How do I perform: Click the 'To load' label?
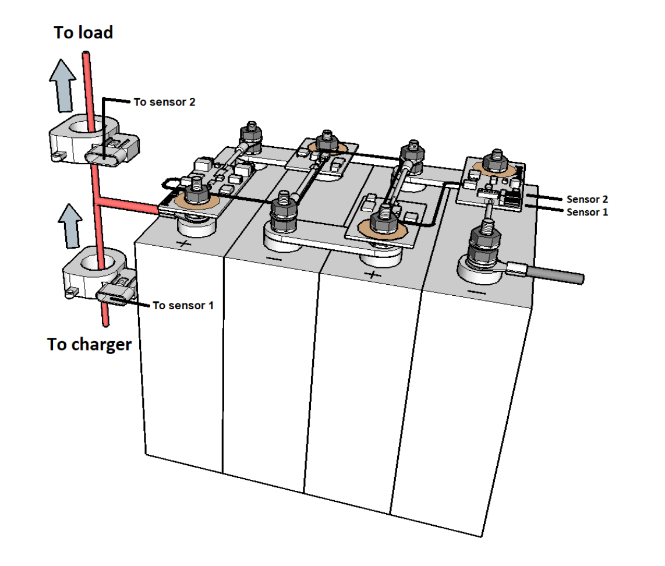(x=83, y=33)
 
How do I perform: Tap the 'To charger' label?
(x=89, y=344)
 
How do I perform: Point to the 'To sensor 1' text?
(x=183, y=305)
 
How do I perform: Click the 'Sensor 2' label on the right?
(x=587, y=199)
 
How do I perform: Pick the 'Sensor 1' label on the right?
(x=587, y=213)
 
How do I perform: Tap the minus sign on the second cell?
(x=272, y=257)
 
